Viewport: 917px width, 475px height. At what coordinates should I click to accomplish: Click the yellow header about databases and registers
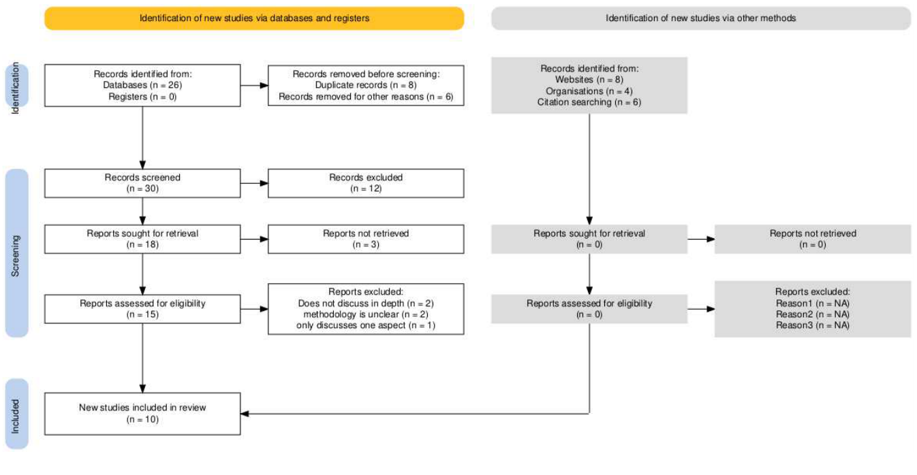click(254, 18)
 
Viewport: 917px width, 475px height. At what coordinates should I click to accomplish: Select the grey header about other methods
click(700, 18)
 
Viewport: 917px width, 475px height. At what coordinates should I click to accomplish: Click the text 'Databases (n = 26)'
click(142, 86)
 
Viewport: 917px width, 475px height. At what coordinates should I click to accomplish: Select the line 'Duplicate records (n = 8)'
click(366, 86)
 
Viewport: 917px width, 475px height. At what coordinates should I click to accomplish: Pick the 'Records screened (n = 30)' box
click(142, 183)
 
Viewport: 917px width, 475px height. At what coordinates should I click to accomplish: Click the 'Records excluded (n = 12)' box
click(366, 183)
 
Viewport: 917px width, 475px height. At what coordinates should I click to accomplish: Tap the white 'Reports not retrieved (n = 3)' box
click(366, 239)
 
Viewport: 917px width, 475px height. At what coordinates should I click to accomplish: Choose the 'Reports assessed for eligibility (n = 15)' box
click(142, 309)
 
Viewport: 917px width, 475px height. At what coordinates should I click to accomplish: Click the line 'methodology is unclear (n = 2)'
click(366, 314)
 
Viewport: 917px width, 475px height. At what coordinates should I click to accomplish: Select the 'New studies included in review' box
click(142, 413)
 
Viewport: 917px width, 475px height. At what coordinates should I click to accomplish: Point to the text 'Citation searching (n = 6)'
click(589, 103)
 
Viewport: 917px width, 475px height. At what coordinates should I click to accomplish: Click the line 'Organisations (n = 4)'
click(589, 91)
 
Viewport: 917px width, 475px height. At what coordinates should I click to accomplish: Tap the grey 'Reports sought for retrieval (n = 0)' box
click(589, 239)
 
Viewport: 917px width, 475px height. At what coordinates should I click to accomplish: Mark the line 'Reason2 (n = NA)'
click(812, 314)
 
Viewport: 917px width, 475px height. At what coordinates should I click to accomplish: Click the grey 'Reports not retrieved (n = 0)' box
click(812, 239)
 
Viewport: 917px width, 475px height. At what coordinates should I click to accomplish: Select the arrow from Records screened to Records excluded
click(254, 183)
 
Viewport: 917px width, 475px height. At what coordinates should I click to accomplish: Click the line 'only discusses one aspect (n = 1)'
click(366, 326)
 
